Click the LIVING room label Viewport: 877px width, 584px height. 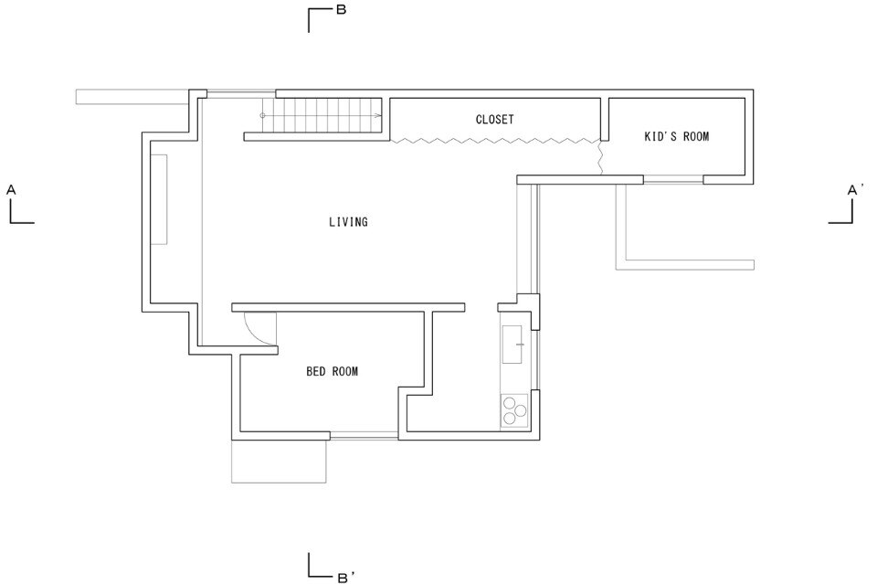pos(348,222)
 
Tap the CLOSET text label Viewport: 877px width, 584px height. pos(494,119)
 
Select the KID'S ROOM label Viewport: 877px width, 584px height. pos(676,136)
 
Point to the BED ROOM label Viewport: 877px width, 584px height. pos(332,371)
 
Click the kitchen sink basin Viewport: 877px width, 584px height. pos(512,345)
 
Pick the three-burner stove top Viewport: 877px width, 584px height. pos(514,410)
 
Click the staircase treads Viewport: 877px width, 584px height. pos(322,116)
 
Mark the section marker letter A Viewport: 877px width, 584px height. pos(11,190)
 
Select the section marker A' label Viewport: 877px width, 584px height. pos(855,190)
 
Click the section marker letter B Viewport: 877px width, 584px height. pos(341,9)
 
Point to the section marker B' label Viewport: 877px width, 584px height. pos(345,578)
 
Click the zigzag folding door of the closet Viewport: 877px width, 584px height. pos(495,141)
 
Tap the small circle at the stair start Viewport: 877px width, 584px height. pos(262,116)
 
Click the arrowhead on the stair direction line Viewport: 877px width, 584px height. pos(378,116)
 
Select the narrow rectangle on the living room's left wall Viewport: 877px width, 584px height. pos(159,199)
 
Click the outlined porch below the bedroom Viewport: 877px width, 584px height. pos(280,461)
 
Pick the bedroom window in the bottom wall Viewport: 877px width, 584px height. pos(365,436)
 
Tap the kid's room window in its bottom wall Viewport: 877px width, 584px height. pos(673,179)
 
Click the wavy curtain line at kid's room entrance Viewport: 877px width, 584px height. pos(601,157)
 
